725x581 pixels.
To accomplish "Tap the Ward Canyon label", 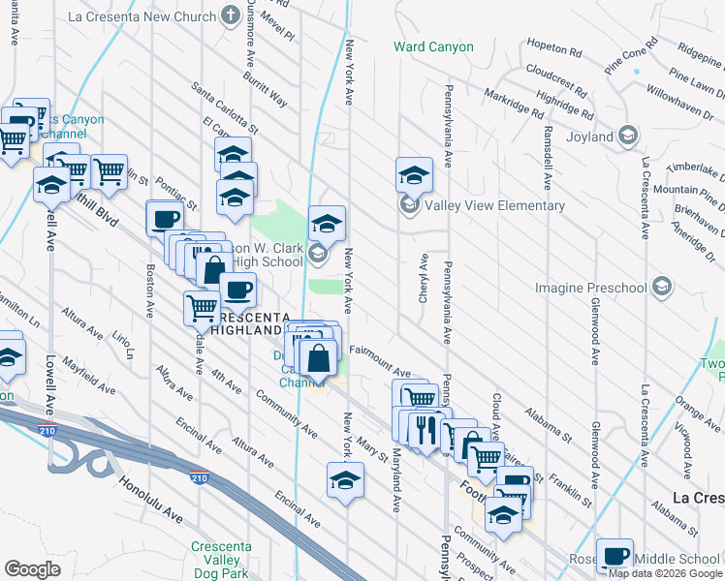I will (x=433, y=46).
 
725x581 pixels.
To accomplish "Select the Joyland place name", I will (x=588, y=137).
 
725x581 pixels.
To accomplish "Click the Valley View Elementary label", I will (x=494, y=205).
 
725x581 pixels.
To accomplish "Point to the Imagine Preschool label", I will (x=591, y=288).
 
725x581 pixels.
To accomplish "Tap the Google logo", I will (x=33, y=568).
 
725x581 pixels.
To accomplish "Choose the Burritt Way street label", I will (x=266, y=88).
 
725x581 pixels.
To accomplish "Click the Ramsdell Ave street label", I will (x=548, y=156).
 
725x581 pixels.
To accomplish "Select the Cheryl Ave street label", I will (x=424, y=279).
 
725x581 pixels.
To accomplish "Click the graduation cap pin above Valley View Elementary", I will (x=414, y=175).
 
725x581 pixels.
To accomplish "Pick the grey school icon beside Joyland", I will (x=628, y=135).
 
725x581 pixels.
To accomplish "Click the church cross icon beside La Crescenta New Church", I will (x=230, y=15).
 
